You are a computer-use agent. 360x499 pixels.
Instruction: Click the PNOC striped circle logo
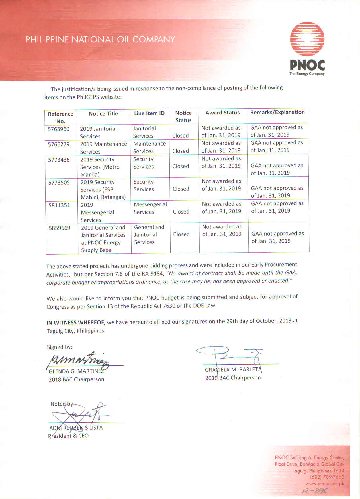[x=307, y=39]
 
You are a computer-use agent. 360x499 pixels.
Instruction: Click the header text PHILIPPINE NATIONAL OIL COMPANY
[x=100, y=39]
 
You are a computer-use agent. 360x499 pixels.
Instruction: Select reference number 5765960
[x=59, y=129]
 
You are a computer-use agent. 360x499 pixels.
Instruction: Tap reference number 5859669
[x=60, y=228]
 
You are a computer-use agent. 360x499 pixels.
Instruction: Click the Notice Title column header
[x=103, y=114]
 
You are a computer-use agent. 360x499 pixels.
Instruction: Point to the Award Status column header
[x=222, y=113]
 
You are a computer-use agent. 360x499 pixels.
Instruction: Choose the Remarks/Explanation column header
[x=277, y=112]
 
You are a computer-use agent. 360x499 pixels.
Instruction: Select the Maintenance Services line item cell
[x=150, y=147]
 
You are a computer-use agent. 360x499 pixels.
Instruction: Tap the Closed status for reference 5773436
[x=181, y=166]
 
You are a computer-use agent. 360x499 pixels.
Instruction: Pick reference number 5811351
[x=59, y=205]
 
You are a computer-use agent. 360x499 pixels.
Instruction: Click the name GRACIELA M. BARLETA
[x=233, y=370]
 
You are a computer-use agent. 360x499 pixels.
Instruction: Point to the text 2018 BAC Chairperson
[x=76, y=379]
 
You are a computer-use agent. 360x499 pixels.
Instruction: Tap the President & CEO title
[x=68, y=436]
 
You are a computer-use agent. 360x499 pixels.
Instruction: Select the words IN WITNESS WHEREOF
[x=76, y=323]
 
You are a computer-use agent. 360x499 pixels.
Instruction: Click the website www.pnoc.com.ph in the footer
[x=325, y=484]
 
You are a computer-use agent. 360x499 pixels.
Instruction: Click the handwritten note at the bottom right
[x=314, y=491]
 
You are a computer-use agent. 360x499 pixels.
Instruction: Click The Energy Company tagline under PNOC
[x=307, y=74]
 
